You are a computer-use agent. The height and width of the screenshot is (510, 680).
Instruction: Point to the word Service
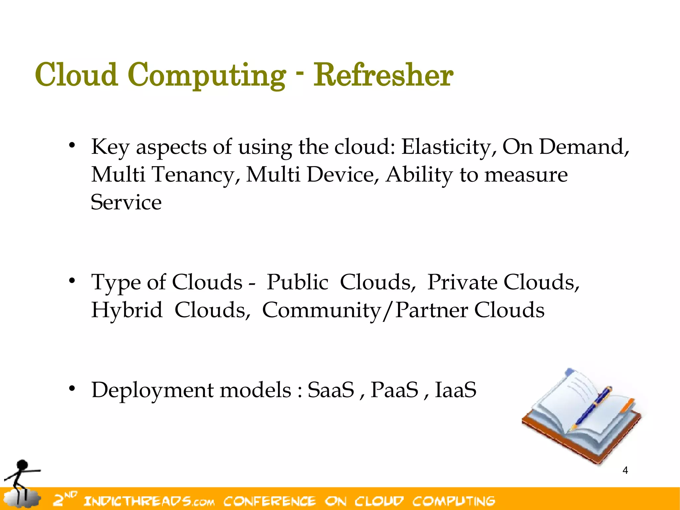click(126, 202)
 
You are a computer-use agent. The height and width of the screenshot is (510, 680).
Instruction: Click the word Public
click(297, 282)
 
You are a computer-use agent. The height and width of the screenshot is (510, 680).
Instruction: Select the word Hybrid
click(127, 310)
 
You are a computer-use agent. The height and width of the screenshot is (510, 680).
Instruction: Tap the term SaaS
click(331, 390)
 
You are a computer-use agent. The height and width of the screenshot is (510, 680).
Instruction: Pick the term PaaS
click(394, 390)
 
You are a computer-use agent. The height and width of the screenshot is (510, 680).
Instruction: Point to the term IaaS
click(456, 390)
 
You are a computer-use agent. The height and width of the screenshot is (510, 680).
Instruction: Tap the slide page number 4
click(625, 470)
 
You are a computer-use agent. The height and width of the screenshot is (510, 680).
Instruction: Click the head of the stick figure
click(22, 465)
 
